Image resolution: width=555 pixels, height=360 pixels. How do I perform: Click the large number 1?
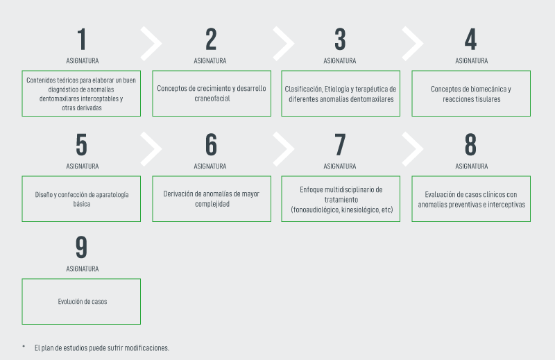click(82, 40)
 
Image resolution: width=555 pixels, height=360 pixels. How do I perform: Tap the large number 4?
click(471, 40)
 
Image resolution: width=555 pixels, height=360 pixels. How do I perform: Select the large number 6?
click(212, 145)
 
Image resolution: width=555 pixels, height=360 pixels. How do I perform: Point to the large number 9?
click(81, 247)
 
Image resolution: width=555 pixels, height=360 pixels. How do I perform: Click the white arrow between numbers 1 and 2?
click(151, 43)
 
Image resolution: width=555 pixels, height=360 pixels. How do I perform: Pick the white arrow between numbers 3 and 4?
click(413, 43)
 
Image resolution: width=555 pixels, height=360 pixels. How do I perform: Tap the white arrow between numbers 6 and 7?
click(284, 148)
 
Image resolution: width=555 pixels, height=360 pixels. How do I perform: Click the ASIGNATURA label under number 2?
click(210, 61)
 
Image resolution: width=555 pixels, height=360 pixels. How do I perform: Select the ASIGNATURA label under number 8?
click(472, 166)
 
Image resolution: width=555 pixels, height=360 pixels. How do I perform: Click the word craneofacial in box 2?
click(212, 98)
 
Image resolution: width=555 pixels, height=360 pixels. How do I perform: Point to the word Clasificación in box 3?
click(303, 89)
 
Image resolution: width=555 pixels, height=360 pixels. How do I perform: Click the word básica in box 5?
click(82, 204)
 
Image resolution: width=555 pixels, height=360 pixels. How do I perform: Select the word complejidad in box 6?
click(212, 204)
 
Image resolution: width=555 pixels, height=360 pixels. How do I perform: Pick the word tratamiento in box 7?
click(341, 200)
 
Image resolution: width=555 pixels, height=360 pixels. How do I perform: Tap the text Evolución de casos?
click(83, 302)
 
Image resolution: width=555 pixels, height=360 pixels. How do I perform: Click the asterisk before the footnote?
click(24, 346)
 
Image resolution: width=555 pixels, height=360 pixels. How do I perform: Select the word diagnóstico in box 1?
click(64, 89)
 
